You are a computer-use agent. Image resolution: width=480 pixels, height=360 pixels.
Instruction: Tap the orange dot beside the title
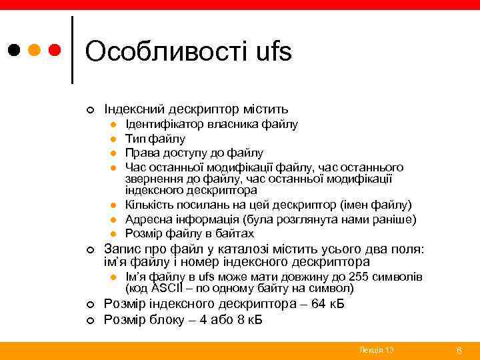coord(34,50)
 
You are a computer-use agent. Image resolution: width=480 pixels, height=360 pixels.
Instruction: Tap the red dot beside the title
coord(55,50)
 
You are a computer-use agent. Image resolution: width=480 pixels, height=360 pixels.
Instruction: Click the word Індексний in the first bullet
coord(138,108)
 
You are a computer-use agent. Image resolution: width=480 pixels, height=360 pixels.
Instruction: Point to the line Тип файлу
coord(155,139)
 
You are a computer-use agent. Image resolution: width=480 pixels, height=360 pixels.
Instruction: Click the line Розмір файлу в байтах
coord(189,233)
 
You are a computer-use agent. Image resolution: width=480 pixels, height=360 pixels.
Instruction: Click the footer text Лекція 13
coord(376,350)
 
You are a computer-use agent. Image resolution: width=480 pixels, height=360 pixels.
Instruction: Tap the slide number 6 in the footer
coord(459,350)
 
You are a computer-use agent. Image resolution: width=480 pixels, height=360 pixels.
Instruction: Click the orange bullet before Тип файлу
coord(114,139)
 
